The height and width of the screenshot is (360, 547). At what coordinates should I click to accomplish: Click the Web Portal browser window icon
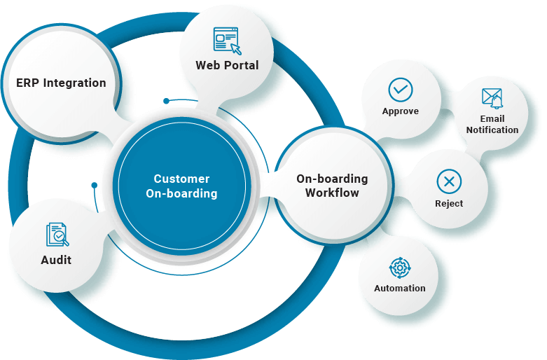pyautogui.click(x=227, y=40)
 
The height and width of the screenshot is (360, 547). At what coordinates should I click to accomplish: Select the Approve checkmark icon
pyautogui.click(x=401, y=90)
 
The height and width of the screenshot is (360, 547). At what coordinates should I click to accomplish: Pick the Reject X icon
pyautogui.click(x=449, y=181)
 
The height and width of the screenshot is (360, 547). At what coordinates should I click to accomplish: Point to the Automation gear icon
pyautogui.click(x=400, y=268)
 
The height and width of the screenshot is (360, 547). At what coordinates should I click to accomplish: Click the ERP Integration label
pyautogui.click(x=62, y=83)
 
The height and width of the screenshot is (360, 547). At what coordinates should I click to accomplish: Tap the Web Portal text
pyautogui.click(x=227, y=65)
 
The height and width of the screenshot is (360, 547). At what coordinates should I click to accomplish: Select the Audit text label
pyautogui.click(x=56, y=260)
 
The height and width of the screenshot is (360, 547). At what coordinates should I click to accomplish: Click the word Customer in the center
pyautogui.click(x=181, y=179)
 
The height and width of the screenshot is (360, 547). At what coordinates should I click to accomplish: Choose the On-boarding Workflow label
pyautogui.click(x=332, y=186)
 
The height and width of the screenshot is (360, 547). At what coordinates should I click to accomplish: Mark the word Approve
pyautogui.click(x=401, y=111)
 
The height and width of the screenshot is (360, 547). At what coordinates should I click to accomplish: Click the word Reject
pyautogui.click(x=449, y=203)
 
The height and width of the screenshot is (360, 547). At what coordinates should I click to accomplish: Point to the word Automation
pyautogui.click(x=400, y=288)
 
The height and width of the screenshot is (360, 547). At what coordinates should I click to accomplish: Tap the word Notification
pyautogui.click(x=492, y=130)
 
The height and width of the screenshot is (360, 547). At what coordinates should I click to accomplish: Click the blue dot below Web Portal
pyautogui.click(x=166, y=101)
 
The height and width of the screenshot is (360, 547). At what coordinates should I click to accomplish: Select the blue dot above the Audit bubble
pyautogui.click(x=94, y=185)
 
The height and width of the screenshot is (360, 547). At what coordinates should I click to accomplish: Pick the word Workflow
pyautogui.click(x=332, y=193)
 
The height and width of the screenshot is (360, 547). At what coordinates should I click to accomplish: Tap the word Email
pyautogui.click(x=492, y=119)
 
